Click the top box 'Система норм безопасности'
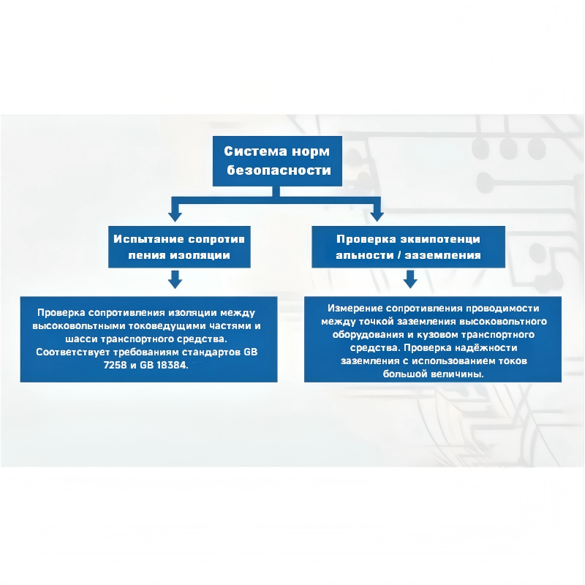pos(277,161)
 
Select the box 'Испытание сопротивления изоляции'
pos(179,246)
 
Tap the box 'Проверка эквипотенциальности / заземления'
pos(408,246)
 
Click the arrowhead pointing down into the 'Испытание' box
pos(175,216)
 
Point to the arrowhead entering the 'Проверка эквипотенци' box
pos(377,216)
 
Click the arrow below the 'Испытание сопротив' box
pos(175,279)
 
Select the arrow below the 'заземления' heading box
pos(410,279)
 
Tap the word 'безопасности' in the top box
pos(279,170)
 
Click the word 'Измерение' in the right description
pos(355,308)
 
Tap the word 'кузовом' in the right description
pos(434,335)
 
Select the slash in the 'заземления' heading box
pos(399,255)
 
